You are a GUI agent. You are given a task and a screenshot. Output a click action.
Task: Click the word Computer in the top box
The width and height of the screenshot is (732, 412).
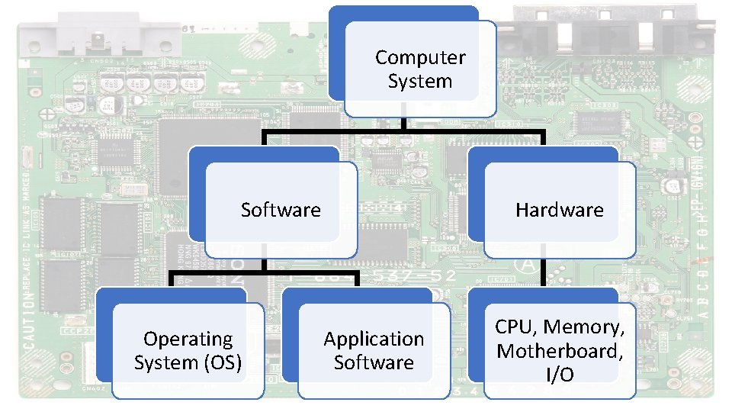coord(420,57)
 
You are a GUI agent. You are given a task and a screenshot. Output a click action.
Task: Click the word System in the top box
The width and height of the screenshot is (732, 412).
coord(420,81)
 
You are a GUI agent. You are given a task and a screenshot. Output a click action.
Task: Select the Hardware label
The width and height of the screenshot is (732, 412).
coord(559,210)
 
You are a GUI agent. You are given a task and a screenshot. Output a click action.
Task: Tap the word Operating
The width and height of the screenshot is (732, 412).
coord(188,338)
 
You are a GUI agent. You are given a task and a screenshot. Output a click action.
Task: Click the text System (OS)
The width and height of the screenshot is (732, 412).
coord(188,362)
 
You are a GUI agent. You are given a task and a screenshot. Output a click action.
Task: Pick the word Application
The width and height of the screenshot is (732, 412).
coord(374,338)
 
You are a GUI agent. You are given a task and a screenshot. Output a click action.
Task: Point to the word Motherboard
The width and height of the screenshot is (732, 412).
coord(559,351)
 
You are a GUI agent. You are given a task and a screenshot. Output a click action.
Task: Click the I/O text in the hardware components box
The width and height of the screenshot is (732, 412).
coord(560,375)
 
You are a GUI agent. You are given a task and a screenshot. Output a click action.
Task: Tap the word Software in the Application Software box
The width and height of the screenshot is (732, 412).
coord(374,362)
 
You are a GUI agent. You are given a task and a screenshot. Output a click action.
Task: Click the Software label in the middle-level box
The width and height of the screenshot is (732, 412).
coord(281,210)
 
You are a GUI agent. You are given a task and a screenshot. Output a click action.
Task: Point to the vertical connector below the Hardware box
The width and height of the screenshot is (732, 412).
coord(543,272)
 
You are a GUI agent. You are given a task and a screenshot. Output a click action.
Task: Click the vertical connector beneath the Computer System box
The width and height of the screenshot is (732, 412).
coord(404,124)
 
